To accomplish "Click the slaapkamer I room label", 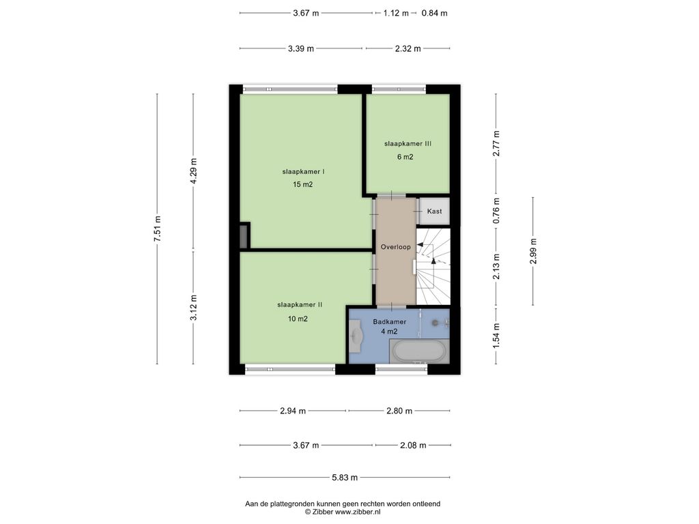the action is (303, 171).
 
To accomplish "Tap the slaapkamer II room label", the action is (300, 305).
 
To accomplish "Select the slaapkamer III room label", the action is (408, 143).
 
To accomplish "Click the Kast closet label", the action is (434, 211).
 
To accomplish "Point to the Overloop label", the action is (395, 247).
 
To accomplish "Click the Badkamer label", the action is (390, 322).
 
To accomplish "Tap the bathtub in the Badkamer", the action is (419, 351).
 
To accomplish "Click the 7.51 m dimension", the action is (157, 229).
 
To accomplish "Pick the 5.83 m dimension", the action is (345, 477).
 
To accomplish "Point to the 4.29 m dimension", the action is (193, 171).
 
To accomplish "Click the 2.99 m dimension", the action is (533, 251).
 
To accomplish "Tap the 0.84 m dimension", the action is (435, 13).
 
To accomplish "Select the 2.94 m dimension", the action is (293, 411).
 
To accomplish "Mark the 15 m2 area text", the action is (302, 184).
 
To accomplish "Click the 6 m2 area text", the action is (405, 157).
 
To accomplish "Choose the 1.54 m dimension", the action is (496, 335).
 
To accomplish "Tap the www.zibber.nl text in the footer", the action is (358, 512).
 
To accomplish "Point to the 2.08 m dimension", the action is (413, 445).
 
